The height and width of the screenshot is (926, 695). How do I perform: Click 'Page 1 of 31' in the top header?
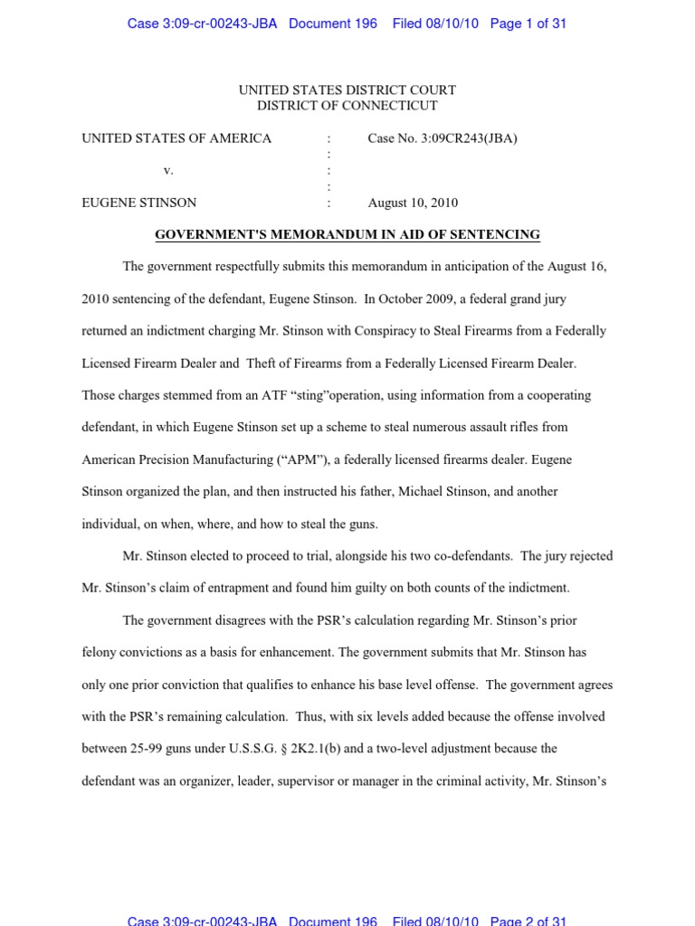[528, 24]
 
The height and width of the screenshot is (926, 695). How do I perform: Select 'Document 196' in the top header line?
[332, 24]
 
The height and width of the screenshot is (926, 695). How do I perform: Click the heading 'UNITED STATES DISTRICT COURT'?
[347, 90]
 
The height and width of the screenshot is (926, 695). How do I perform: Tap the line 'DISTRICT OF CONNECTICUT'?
[347, 105]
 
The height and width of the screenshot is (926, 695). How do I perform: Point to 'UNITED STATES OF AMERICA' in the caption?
[176, 138]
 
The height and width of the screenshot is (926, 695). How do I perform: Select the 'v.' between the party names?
[168, 170]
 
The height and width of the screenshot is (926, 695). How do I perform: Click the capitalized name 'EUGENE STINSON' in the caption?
[138, 203]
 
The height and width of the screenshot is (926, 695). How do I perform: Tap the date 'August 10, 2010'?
[413, 203]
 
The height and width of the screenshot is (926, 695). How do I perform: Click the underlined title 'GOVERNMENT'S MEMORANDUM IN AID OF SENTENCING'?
[347, 234]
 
